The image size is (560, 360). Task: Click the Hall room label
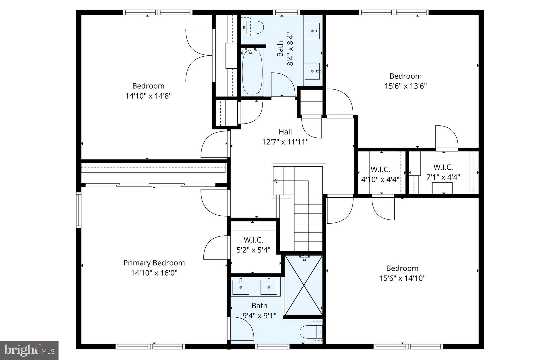click(x=285, y=132)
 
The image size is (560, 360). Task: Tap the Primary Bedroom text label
click(x=154, y=263)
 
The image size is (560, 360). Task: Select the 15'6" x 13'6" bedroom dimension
click(x=406, y=86)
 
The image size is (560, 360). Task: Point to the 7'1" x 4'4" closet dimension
click(x=443, y=177)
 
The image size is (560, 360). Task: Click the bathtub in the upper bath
click(x=252, y=72)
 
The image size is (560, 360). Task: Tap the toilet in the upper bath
click(x=253, y=27)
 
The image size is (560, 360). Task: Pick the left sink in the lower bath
click(x=241, y=287)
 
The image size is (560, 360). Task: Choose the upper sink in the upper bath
click(x=312, y=31)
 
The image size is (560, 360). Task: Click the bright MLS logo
click(x=29, y=350)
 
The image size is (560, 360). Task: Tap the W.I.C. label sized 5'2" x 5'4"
click(x=253, y=240)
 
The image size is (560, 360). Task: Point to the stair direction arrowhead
click(x=275, y=181)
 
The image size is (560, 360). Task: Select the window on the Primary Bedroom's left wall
click(x=79, y=210)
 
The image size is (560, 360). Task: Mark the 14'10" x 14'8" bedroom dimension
click(x=148, y=96)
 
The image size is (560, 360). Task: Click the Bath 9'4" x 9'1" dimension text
click(x=259, y=316)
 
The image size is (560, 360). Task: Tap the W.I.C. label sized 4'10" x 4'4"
click(x=380, y=169)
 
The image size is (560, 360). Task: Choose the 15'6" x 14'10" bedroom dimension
click(x=402, y=278)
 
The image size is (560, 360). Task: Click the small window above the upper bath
click(x=286, y=12)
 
